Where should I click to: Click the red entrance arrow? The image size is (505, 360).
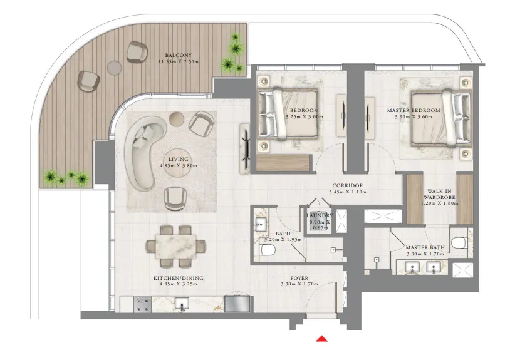coord(321,339)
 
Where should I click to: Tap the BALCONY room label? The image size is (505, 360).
coord(170,54)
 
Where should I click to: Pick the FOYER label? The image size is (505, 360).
coord(299,278)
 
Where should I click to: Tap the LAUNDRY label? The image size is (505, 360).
coord(320,215)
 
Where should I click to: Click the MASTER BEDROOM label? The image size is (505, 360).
coord(414,110)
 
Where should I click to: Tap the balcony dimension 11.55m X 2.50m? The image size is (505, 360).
coord(172,61)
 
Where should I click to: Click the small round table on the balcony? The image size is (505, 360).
coord(113,66)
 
